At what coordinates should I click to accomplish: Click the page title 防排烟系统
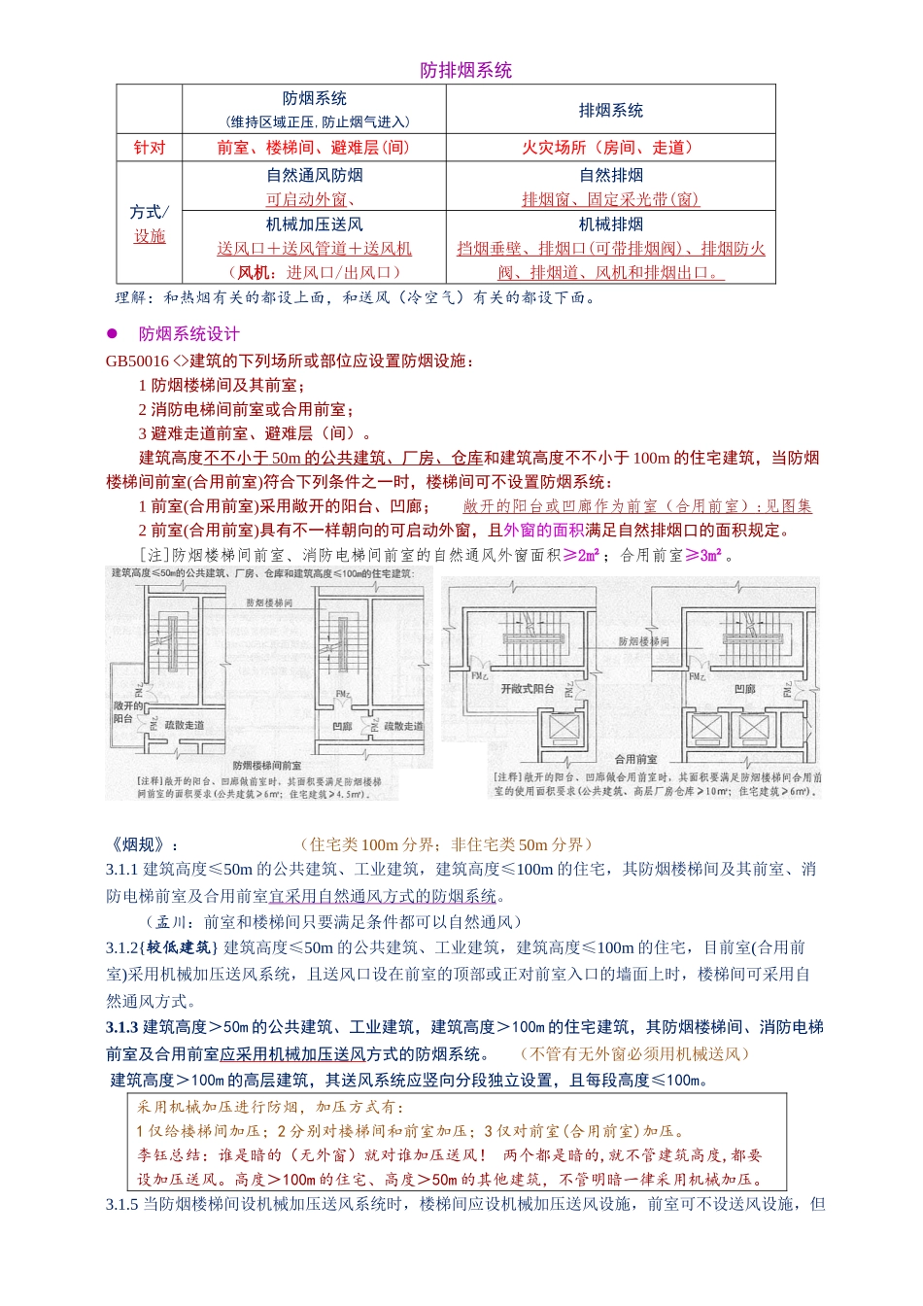(465, 70)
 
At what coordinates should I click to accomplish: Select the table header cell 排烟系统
(610, 110)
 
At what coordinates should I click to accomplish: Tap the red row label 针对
(150, 148)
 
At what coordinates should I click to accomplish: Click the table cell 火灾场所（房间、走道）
(609, 148)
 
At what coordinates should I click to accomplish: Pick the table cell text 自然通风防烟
(314, 176)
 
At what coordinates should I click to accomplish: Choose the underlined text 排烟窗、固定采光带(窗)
(610, 200)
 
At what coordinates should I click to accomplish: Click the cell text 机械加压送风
(314, 224)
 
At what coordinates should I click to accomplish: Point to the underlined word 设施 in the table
(150, 236)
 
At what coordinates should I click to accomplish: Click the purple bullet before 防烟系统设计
(112, 333)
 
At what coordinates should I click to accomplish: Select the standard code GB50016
(137, 361)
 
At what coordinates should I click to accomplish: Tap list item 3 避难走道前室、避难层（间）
(255, 433)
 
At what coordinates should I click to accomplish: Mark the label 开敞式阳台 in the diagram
(527, 688)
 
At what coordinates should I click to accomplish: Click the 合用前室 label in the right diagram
(636, 759)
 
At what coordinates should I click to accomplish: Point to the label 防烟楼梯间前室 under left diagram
(266, 766)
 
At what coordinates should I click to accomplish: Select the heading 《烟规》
(142, 844)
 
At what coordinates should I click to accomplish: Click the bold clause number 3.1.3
(122, 1027)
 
